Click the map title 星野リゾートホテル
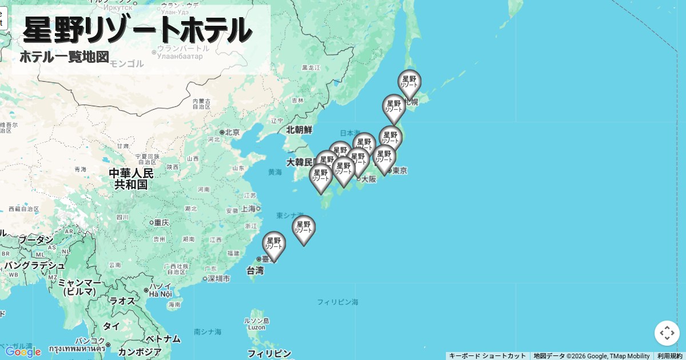(x=137, y=30)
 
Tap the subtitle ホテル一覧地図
(x=64, y=57)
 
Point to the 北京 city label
(x=232, y=132)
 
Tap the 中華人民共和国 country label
(x=131, y=178)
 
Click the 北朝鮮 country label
(x=300, y=130)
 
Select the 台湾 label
(x=256, y=270)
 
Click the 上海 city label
(x=249, y=209)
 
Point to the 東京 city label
(x=400, y=170)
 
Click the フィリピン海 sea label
(x=338, y=302)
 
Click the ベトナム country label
(x=163, y=339)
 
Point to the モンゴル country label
(x=127, y=63)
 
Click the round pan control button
(x=667, y=333)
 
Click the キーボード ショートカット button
(x=487, y=356)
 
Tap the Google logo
(x=23, y=351)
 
